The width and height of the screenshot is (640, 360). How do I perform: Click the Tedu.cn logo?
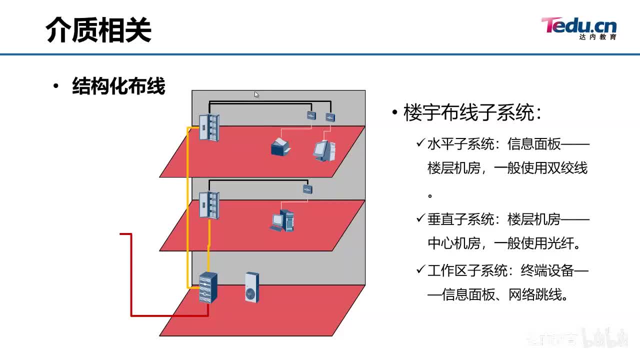point(578,27)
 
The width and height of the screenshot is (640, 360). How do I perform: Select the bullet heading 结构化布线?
point(118,86)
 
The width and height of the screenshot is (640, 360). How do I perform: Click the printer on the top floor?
point(280,147)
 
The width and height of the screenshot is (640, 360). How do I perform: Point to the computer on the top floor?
point(324,150)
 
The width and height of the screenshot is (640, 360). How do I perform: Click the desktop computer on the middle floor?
point(283,220)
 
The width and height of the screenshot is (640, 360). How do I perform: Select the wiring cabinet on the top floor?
point(209,127)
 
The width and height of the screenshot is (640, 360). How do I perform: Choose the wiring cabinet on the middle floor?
point(209,204)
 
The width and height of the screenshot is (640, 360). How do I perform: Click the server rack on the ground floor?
point(208,288)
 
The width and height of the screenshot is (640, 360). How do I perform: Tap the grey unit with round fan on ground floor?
point(252,287)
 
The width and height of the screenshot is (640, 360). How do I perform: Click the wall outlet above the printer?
point(311,116)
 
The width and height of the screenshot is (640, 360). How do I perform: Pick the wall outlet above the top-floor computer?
point(330,117)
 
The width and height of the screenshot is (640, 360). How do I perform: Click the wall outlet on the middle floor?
point(307,189)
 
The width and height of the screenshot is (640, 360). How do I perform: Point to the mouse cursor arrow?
point(256,94)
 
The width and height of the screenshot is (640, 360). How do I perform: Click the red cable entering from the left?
point(131,275)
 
